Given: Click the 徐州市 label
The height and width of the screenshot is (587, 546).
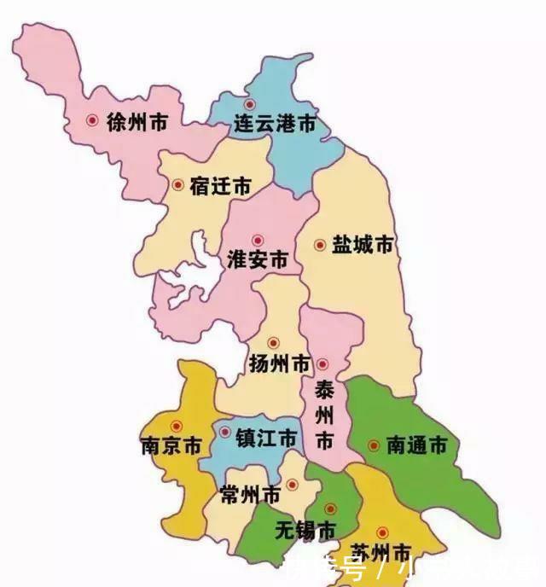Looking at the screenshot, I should tap(137, 122).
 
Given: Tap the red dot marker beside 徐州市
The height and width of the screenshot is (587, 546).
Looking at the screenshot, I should tap(92, 121).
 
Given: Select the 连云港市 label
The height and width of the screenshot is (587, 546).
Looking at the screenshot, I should tap(276, 125).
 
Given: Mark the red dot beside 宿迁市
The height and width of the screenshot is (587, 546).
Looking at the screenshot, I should tap(177, 184).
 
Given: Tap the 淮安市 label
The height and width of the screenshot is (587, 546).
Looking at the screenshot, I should tap(258, 260).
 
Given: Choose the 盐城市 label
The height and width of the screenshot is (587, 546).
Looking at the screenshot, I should tap(363, 245).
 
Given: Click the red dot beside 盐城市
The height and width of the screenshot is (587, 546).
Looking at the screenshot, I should tap(320, 245).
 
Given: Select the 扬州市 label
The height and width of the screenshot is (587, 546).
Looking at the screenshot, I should tap(280, 364).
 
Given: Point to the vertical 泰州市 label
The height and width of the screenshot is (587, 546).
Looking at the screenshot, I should tap(325, 416).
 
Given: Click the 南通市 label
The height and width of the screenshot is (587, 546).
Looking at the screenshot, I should tap(417, 445).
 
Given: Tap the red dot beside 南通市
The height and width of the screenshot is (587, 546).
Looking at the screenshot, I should tap(374, 445).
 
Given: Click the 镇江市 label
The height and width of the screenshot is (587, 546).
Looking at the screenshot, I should tap(266, 439).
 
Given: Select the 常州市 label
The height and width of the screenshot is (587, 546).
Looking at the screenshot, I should tap(250, 495).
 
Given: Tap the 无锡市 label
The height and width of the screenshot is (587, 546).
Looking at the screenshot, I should tap(305, 530).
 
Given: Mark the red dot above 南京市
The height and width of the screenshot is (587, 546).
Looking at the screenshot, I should tap(177, 426).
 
